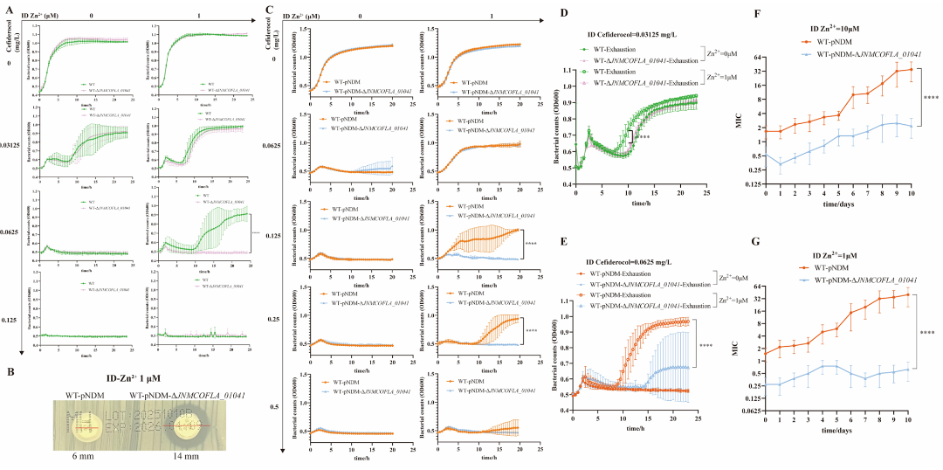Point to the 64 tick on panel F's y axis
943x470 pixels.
(758, 55)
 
